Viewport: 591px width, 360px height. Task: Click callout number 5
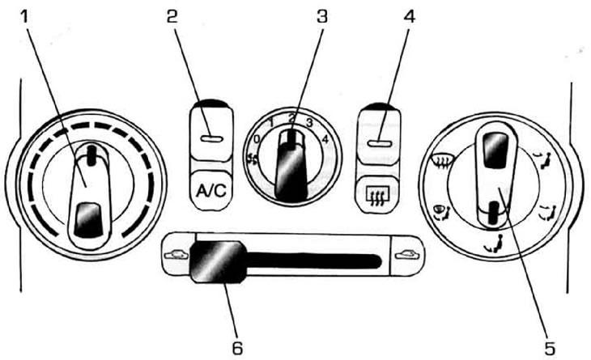550,348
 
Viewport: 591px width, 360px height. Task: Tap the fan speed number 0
257,139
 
